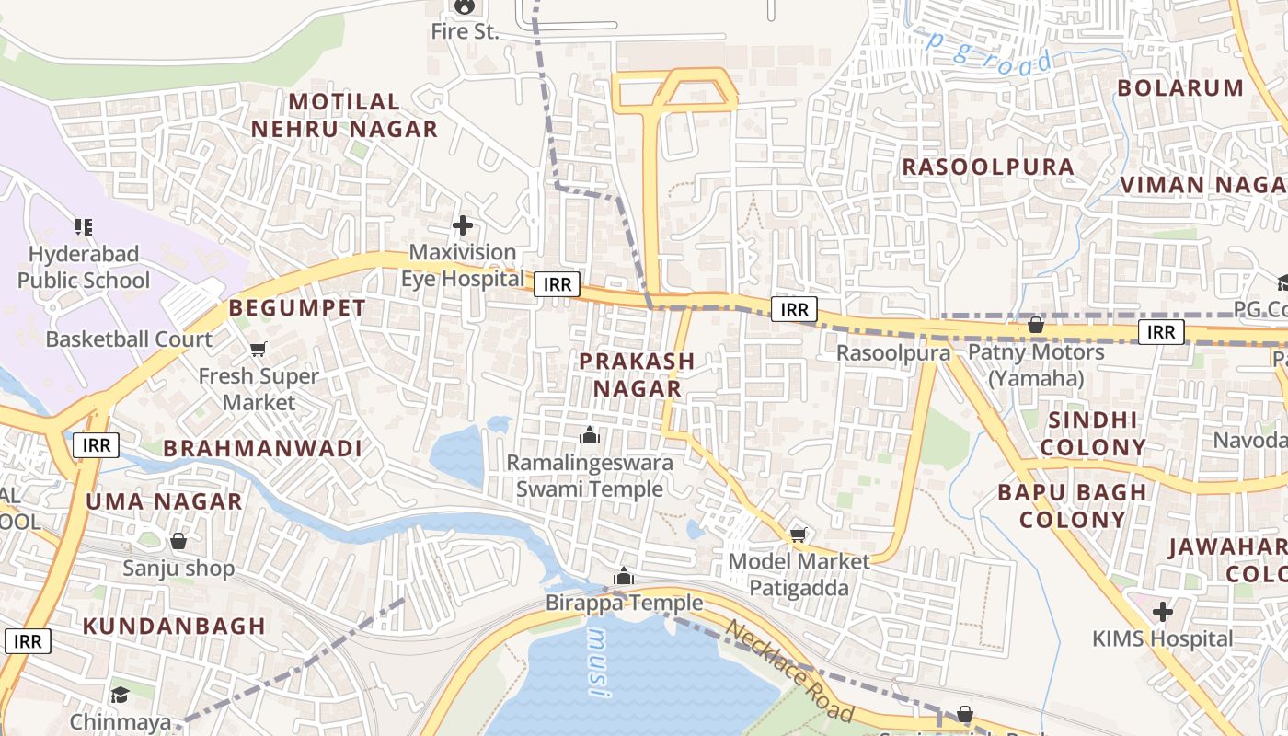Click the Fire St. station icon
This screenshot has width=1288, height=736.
pos(464,7)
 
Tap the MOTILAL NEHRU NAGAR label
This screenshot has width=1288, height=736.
pos(345,115)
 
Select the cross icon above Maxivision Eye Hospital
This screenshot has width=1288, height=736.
pos(463,225)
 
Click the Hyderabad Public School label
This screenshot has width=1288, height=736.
pos(83,267)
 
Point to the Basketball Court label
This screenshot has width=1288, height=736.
pos(129,339)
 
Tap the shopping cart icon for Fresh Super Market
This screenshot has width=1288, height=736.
pos(259,349)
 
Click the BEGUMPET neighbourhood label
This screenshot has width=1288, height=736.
pos(297,308)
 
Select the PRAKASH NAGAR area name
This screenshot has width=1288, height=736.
pos(637,374)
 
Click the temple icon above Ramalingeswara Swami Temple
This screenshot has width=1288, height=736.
pos(589,435)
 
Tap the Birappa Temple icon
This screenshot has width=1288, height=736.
pos(624,577)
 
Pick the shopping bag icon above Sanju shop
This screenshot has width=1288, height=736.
pos(178,541)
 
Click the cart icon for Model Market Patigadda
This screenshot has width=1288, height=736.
pos(798,535)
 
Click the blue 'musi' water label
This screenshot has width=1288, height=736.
pos(598,663)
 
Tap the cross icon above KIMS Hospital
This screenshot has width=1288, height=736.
pos(1163,612)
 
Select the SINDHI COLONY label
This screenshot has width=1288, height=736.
pos(1098,434)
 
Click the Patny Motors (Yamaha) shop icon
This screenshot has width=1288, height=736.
pos(1035,325)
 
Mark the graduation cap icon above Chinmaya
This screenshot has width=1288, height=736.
pos(120,695)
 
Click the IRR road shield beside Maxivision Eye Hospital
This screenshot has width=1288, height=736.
pos(558,284)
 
